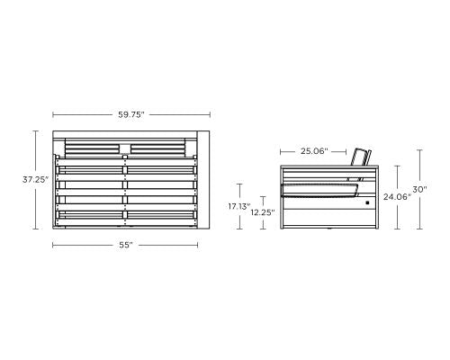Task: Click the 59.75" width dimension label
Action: (131, 114)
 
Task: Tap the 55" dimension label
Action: (125, 245)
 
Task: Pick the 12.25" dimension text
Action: (262, 212)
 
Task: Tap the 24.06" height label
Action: (395, 195)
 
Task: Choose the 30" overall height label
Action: (420, 190)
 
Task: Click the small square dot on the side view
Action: (367, 203)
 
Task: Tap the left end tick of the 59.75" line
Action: (53, 114)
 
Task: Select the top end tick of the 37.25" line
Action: (37, 131)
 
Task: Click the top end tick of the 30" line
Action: (420, 149)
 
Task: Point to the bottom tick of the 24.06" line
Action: (395, 229)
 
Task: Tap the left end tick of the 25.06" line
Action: (281, 151)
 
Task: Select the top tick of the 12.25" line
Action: (262, 197)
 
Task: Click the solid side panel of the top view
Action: (202, 180)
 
